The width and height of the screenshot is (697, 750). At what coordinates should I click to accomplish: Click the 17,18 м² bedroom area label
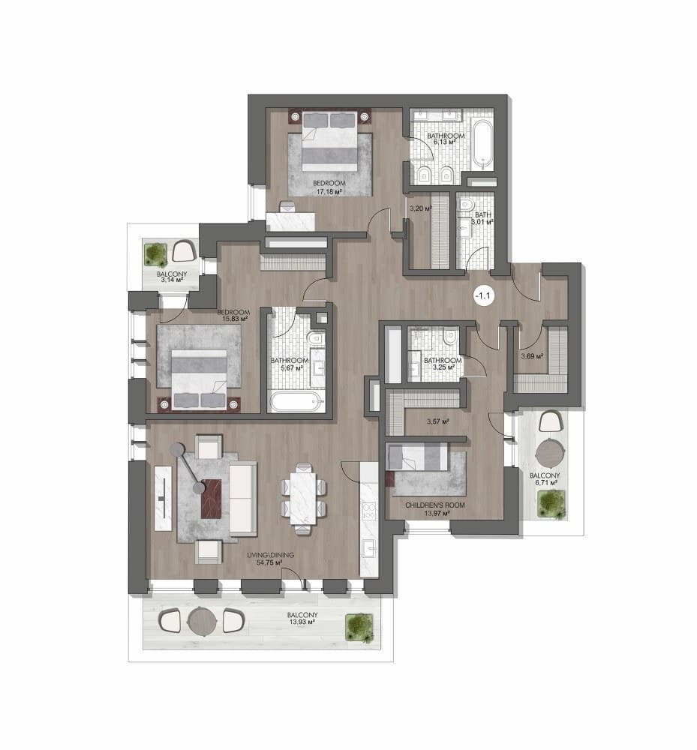(329, 192)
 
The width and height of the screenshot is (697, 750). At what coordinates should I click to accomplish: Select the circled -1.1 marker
(482, 295)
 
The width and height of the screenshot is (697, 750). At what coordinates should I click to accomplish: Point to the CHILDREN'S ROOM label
(435, 505)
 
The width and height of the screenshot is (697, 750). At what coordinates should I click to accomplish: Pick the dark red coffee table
(212, 499)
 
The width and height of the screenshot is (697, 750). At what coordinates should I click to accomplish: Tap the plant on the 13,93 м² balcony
(359, 627)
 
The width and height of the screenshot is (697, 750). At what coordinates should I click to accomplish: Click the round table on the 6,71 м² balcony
(550, 453)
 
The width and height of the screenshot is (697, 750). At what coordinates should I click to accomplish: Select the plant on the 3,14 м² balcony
(155, 253)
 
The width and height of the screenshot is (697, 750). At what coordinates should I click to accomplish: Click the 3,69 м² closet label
(532, 355)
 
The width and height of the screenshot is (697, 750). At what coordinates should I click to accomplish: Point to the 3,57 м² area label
(437, 421)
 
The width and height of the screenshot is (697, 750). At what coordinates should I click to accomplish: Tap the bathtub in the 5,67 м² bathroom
(296, 402)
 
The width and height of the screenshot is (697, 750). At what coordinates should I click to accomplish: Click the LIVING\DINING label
(270, 555)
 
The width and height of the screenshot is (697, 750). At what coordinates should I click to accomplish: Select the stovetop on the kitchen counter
(369, 511)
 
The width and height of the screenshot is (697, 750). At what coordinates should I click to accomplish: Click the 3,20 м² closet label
(421, 208)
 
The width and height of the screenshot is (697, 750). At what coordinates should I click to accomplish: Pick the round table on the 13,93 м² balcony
(203, 621)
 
